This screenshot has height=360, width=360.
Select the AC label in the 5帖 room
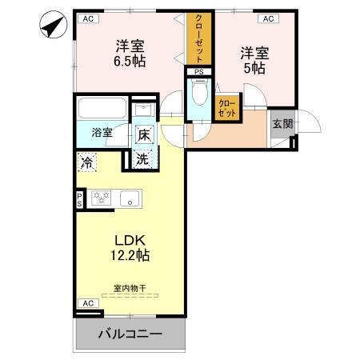click(267, 18)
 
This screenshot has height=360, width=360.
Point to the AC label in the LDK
click(88, 303)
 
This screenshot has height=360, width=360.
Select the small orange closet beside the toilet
click(227, 108)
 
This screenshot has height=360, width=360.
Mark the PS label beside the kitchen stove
click(79, 199)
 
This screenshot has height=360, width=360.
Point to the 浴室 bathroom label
click(102, 133)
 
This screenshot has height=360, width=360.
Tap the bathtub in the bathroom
click(102, 108)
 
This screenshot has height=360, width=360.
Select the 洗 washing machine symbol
click(141, 158)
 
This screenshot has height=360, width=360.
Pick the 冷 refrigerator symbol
click(87, 163)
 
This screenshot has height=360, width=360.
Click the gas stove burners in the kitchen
click(102, 198)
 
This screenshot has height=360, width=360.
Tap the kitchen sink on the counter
click(129, 198)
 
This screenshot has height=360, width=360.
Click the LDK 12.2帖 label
click(129, 247)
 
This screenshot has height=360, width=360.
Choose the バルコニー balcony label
click(130, 334)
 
